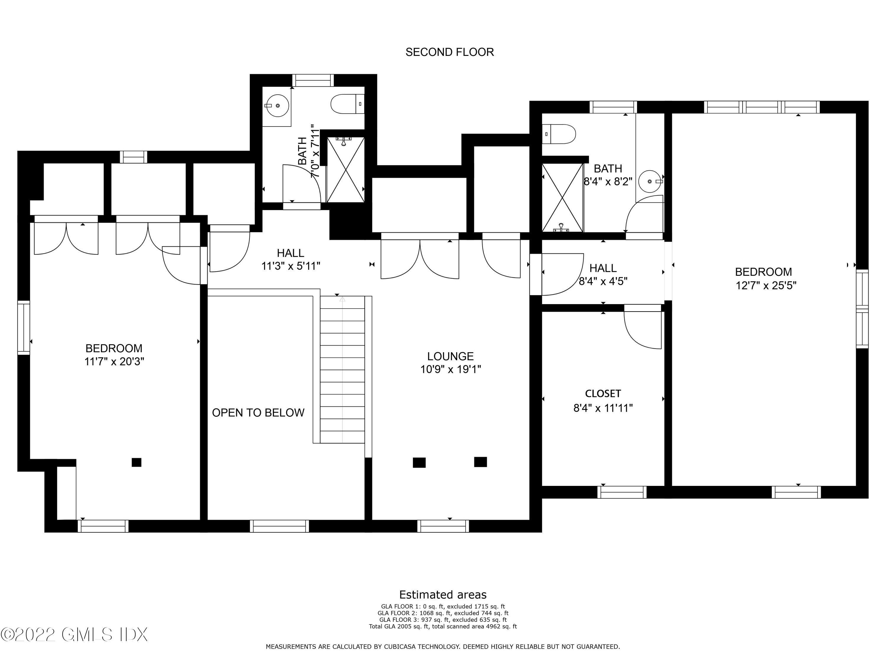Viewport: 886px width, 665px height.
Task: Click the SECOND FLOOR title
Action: coord(449,52)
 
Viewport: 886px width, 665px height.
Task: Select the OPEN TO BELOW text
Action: coord(258,413)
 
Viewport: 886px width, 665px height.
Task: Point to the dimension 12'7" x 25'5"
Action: coord(766,286)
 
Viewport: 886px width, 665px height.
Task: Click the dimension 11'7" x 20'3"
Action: coord(114,361)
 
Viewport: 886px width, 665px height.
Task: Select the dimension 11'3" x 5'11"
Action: coord(291,266)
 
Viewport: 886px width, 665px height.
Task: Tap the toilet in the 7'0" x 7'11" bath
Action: coord(347,104)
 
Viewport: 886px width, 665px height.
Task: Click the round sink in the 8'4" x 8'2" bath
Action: coord(649,181)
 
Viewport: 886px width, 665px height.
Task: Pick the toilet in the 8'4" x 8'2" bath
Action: coord(559,134)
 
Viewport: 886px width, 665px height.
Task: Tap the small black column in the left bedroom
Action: coord(136,462)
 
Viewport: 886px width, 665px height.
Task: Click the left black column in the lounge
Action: coord(419,462)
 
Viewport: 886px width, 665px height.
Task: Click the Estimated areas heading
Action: coord(443,594)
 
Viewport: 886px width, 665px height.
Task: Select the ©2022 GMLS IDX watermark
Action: coord(74,634)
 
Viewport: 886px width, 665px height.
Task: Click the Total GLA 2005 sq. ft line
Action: coord(443,626)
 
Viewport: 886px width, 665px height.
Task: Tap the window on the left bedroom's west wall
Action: coord(24,327)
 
